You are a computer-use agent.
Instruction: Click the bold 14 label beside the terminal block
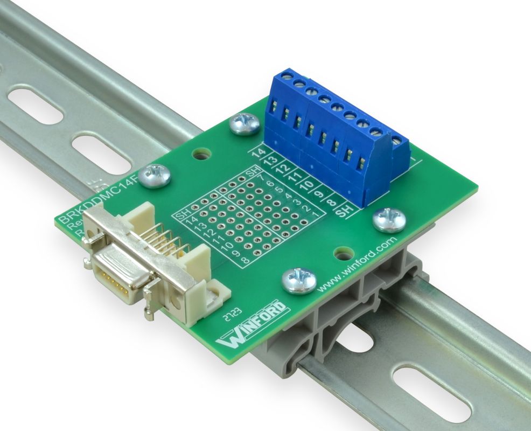(260, 153)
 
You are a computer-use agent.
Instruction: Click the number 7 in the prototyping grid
(260, 176)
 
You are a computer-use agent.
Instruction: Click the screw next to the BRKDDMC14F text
(155, 176)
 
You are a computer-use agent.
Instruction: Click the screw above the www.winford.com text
(389, 219)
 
